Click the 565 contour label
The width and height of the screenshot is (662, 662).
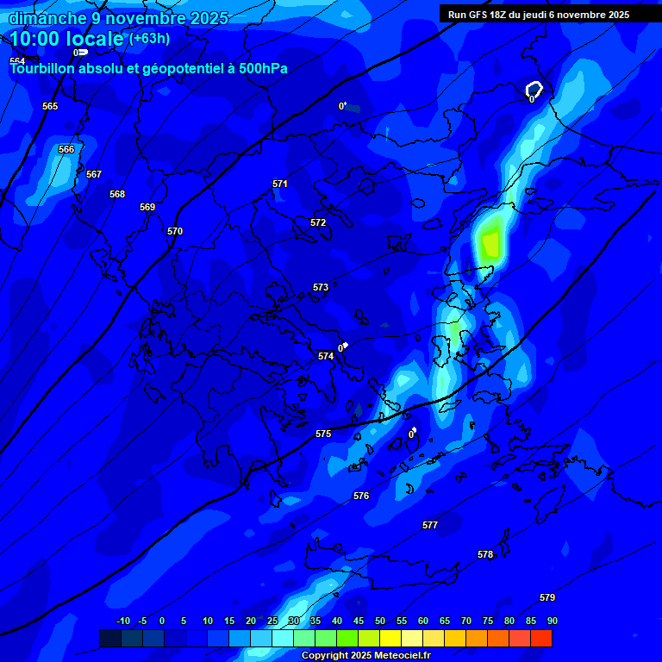click(x=50, y=106)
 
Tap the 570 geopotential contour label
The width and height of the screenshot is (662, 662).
click(x=175, y=231)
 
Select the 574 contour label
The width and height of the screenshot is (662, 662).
click(x=326, y=356)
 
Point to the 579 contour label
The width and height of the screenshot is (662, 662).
click(x=547, y=597)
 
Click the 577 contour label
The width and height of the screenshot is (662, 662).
click(x=430, y=525)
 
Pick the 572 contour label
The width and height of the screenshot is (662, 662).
click(x=318, y=222)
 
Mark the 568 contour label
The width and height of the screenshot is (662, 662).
click(x=117, y=194)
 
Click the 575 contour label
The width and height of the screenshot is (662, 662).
click(x=323, y=434)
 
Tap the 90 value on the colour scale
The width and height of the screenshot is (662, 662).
click(x=552, y=621)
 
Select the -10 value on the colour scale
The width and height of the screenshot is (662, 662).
click(x=123, y=621)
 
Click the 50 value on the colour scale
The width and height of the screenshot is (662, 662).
click(x=380, y=621)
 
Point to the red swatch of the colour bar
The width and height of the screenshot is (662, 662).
click(x=541, y=638)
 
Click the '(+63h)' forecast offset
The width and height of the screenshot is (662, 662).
click(x=149, y=39)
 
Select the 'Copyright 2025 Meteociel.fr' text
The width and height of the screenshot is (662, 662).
click(x=365, y=655)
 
